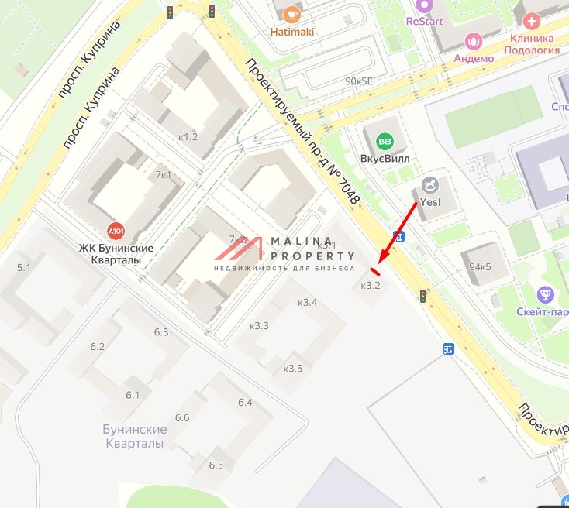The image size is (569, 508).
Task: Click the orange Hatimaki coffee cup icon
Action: (291, 14)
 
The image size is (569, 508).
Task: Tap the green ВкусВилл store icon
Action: (384, 142)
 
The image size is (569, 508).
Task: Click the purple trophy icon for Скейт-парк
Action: (546, 294)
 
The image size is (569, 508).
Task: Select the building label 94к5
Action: (479, 267)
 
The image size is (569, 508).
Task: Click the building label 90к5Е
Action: (359, 81)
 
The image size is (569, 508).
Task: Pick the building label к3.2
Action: (371, 286)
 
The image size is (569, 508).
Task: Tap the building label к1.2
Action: (188, 137)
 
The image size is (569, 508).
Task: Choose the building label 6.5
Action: (216, 465)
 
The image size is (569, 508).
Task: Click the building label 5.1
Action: (23, 267)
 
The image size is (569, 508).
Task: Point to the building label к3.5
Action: (293, 368)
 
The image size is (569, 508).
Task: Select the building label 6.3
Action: (160, 331)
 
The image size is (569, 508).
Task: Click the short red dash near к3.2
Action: (375, 271)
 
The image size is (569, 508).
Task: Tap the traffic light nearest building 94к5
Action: (422, 295)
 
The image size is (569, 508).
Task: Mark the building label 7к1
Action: (163, 175)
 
